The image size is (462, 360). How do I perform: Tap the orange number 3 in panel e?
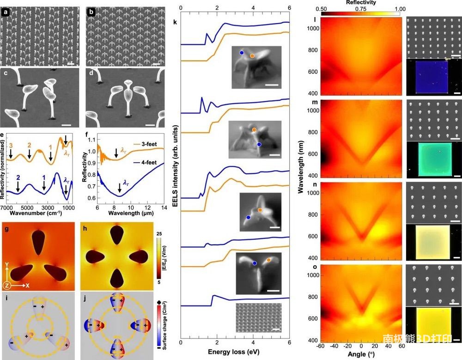(11, 146)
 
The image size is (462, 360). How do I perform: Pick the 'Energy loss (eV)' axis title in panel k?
(235, 352)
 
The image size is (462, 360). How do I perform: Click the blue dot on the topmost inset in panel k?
(242, 53)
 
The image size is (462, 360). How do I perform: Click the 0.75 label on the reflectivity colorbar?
(359, 9)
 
